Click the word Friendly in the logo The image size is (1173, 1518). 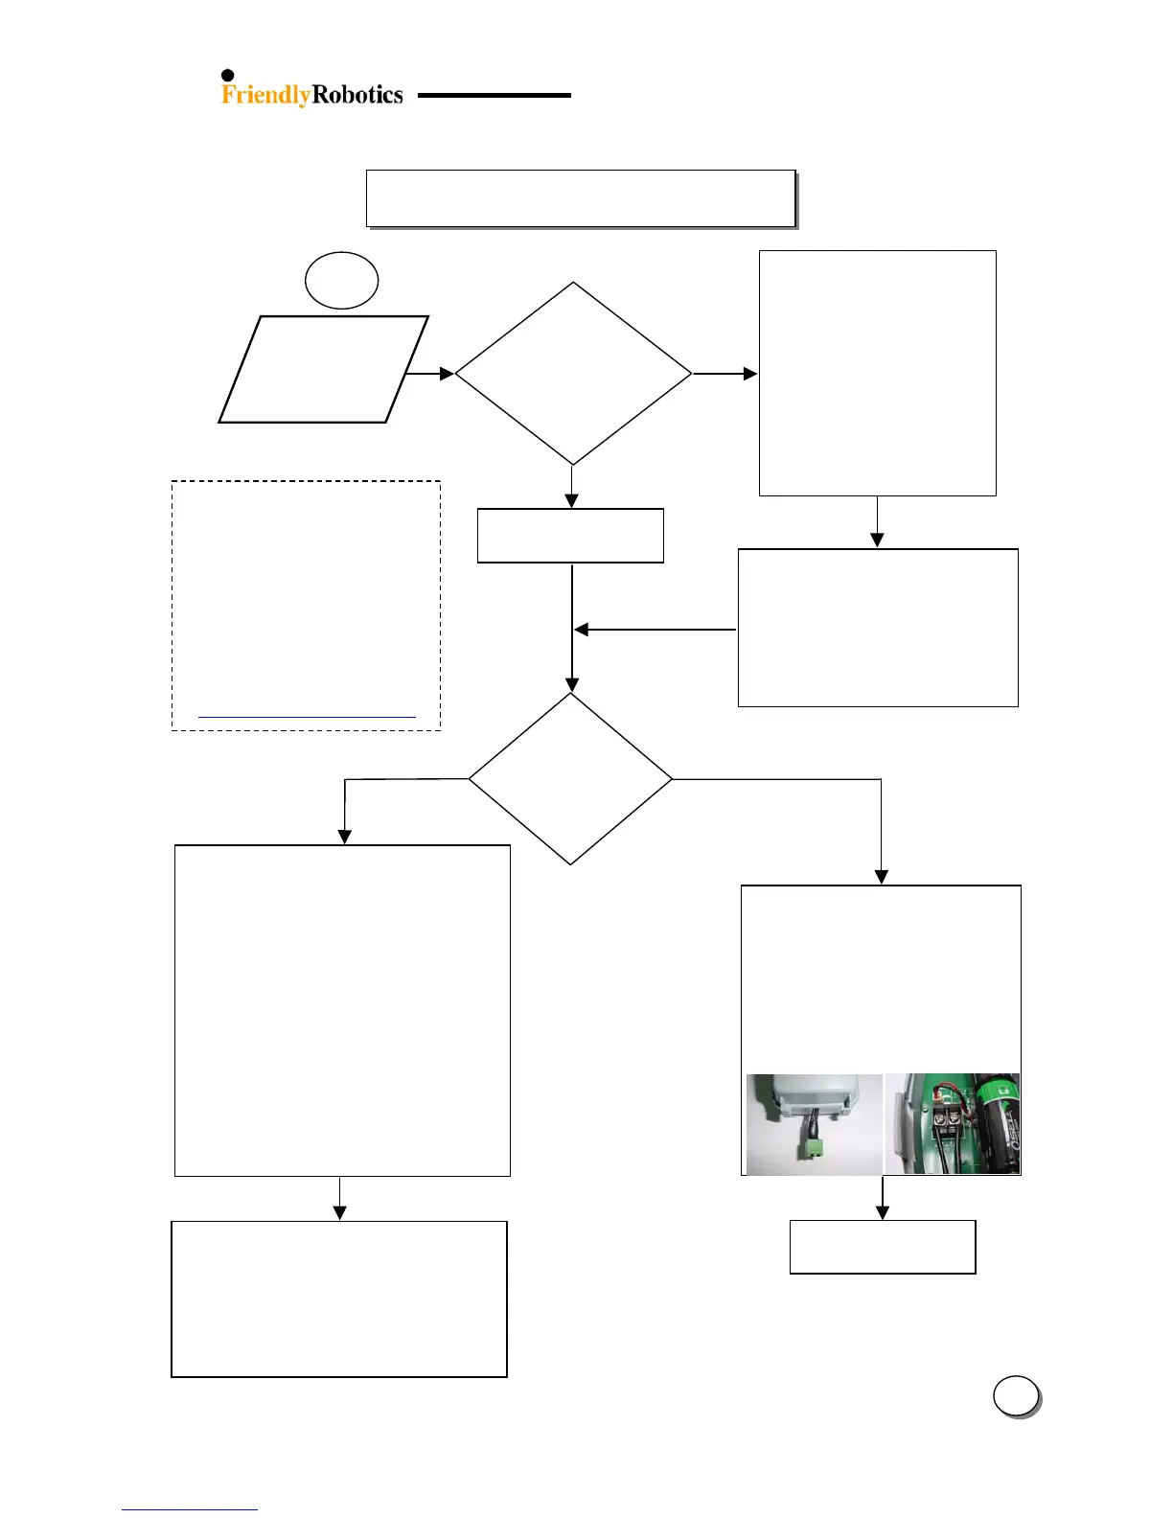[x=265, y=95]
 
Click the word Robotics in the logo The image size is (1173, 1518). [x=357, y=95]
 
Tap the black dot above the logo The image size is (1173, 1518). [x=228, y=76]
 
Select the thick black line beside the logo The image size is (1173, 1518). [x=494, y=96]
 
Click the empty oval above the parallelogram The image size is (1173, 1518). [x=341, y=281]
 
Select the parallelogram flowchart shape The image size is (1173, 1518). [x=323, y=369]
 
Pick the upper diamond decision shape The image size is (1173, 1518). [x=573, y=373]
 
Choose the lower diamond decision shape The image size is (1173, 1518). [x=571, y=778]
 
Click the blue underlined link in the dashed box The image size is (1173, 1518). [x=307, y=716]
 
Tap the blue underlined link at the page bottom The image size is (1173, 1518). [x=190, y=1509]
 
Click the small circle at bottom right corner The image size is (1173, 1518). [x=1016, y=1396]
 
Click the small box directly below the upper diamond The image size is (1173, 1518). [x=570, y=536]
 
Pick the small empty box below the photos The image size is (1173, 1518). [x=883, y=1247]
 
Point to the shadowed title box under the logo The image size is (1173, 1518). [x=581, y=199]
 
